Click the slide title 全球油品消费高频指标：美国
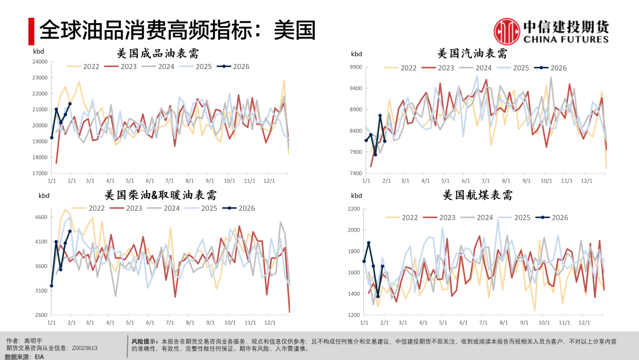coord(177,30)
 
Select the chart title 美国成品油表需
coord(158,53)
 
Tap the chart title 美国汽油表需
coord(472,54)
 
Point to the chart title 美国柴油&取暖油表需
coord(160,195)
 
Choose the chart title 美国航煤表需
coord(477,195)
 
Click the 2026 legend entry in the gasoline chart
coord(551,67)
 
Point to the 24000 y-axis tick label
coord(40,62)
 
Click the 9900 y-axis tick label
coord(356,67)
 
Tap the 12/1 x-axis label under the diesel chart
coord(270,323)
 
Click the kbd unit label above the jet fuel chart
coord(356,195)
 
